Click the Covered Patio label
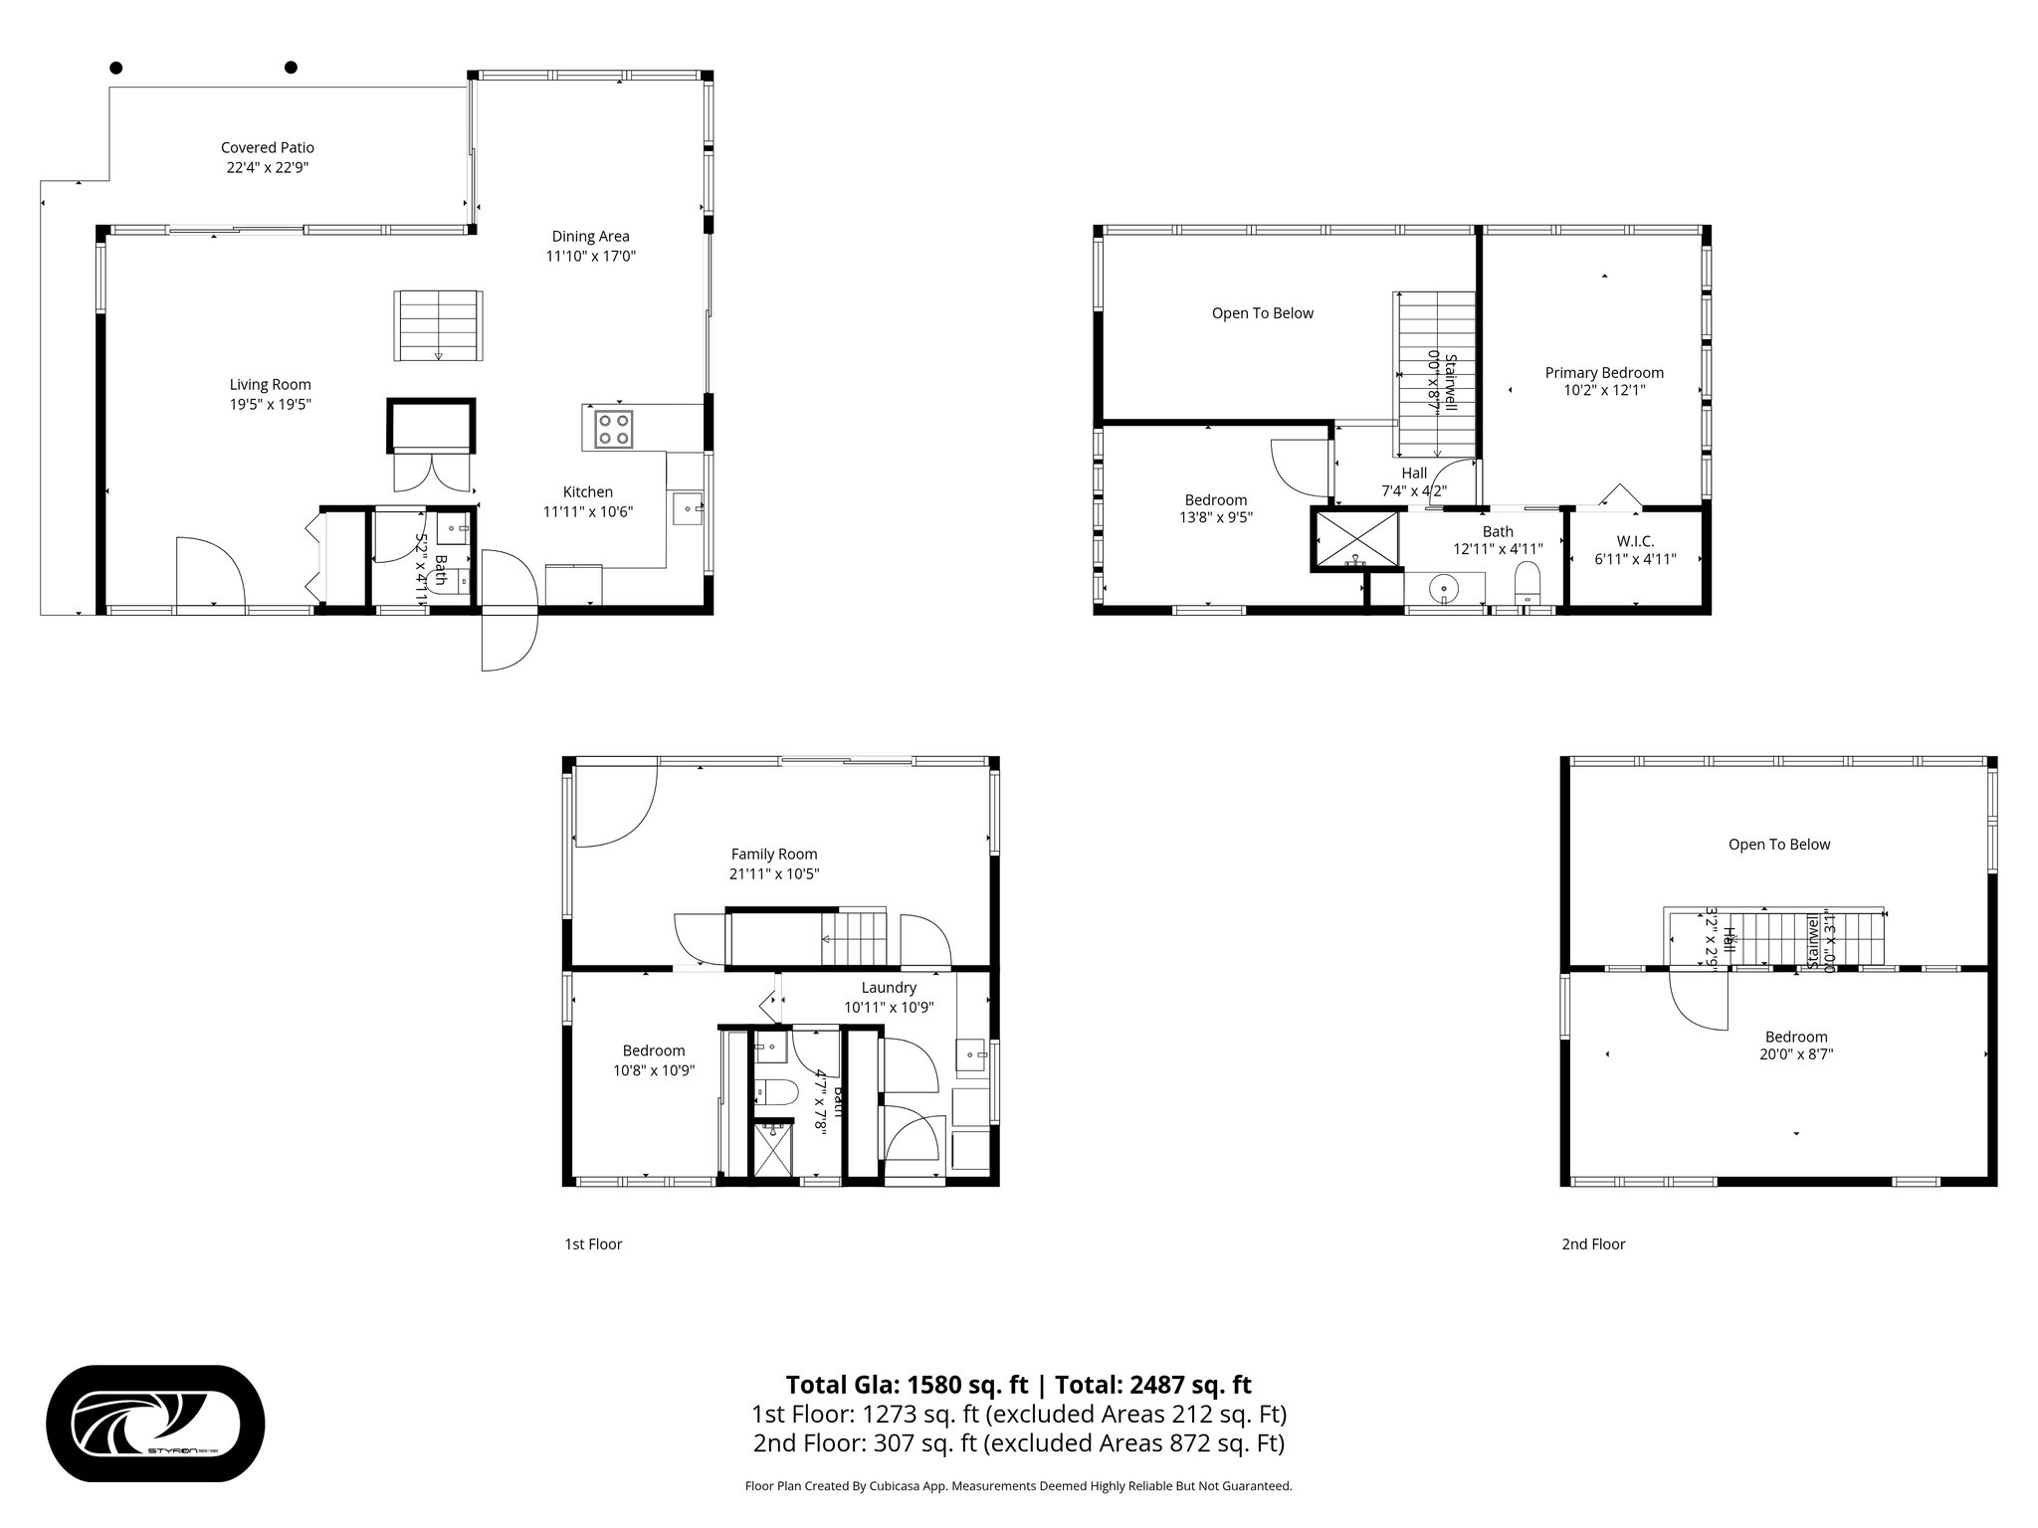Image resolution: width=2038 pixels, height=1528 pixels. (267, 148)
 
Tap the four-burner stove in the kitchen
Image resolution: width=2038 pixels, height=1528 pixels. (614, 429)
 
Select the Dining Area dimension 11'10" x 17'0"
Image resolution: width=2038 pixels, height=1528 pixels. (590, 257)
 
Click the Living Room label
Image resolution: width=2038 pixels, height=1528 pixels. (270, 385)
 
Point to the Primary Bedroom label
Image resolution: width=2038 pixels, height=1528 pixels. (1603, 373)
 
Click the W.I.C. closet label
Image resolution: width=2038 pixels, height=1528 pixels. (1635, 541)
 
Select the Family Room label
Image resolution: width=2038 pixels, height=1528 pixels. (773, 854)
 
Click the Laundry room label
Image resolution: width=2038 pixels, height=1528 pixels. (888, 988)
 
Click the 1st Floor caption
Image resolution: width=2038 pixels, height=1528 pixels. (593, 1243)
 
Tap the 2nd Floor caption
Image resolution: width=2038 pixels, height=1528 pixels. (1592, 1243)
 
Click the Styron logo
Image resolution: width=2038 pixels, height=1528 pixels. (155, 1424)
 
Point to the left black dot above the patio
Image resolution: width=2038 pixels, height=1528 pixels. (116, 68)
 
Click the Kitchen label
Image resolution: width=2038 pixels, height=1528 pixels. (587, 492)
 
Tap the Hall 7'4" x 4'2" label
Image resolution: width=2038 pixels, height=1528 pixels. (1413, 482)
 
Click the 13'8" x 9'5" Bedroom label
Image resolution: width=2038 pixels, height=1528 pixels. (1215, 509)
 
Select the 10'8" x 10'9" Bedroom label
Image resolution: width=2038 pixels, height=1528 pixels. (653, 1060)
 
